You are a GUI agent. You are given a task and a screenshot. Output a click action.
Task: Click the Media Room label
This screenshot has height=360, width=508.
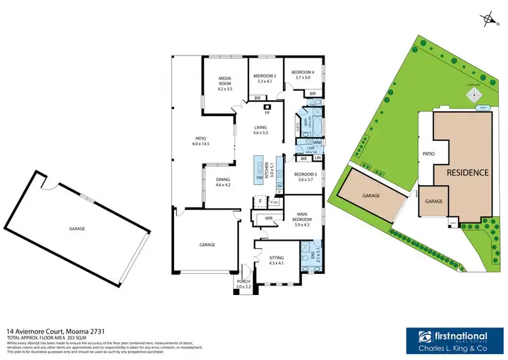pos(225,80)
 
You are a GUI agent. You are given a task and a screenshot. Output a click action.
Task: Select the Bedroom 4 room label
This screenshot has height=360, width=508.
pos(302,72)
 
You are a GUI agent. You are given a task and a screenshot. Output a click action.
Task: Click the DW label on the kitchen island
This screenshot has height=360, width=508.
pos(259,178)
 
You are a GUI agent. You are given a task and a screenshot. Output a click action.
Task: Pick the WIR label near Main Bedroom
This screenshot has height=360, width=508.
pos(268,218)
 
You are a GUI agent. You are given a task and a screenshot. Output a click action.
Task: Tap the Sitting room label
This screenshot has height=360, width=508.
pos(277,258)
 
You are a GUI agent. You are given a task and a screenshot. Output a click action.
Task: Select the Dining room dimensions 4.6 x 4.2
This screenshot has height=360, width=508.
pos(224,184)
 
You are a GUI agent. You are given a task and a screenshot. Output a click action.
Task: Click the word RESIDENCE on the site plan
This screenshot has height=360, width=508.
pos(467,172)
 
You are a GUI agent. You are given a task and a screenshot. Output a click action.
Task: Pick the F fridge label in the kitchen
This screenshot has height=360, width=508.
pos(259,201)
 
